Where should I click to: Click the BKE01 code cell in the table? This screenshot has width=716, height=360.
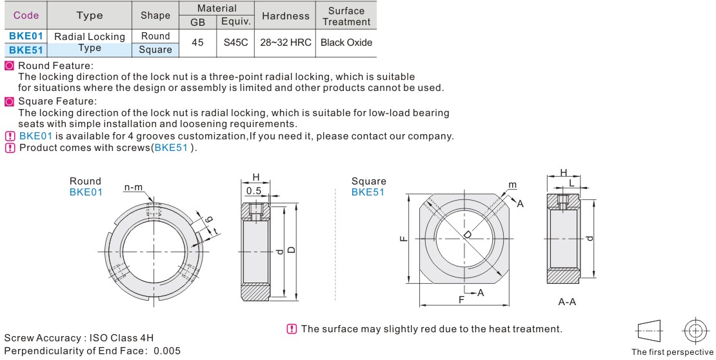tap(26, 36)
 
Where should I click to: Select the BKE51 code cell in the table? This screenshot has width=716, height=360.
tap(26, 49)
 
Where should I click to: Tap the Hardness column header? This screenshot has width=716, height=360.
tap(286, 15)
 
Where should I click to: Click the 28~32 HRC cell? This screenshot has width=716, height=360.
tap(286, 43)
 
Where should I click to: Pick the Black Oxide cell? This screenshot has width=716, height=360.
tap(346, 43)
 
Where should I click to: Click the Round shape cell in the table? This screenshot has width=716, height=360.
tap(155, 36)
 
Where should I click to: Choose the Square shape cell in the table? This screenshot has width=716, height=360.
tap(155, 49)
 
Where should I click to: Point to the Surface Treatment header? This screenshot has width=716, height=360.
tap(346, 15)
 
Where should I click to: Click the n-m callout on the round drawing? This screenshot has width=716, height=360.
tap(134, 187)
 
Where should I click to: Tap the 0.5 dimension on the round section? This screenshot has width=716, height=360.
tap(254, 191)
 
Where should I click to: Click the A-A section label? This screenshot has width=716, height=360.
tap(566, 301)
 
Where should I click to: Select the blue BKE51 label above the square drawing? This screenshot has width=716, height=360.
tap(368, 192)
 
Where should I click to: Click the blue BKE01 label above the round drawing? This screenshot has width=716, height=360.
tap(86, 192)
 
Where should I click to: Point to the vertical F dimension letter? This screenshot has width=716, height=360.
tap(403, 238)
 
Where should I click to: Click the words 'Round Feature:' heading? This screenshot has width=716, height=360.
tap(55, 66)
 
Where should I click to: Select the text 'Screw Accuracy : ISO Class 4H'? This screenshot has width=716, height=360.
tap(79, 338)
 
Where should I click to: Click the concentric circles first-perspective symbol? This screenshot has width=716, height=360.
tap(695, 331)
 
